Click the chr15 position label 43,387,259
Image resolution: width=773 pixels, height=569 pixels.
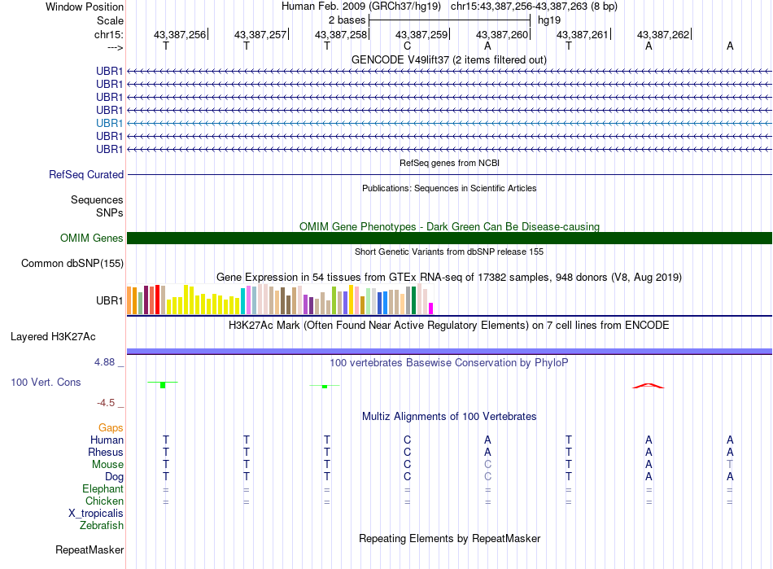421,34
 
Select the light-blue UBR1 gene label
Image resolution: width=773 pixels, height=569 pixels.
110,123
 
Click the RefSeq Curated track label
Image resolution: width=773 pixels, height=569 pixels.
86,174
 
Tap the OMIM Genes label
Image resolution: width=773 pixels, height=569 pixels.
92,239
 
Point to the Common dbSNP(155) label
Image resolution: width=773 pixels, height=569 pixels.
72,263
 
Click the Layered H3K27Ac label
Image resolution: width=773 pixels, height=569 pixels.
53,337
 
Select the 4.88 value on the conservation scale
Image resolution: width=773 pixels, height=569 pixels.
104,362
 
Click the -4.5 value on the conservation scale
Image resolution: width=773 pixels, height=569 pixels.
106,403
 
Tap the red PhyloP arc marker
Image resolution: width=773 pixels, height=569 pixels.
649,386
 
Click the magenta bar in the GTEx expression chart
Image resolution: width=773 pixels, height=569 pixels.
431,309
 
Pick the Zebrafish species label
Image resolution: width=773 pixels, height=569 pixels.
102,526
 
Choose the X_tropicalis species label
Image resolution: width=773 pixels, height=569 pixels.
96,514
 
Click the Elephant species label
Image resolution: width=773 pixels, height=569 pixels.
103,488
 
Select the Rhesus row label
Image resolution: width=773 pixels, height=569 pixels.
106,452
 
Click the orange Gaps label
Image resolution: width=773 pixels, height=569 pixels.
111,427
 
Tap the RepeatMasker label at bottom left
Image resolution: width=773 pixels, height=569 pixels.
90,549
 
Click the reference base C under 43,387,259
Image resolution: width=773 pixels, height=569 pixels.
407,46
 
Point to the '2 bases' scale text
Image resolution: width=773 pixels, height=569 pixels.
347,20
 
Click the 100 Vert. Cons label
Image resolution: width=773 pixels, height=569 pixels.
46,382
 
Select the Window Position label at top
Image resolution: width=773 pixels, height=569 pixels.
85,7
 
